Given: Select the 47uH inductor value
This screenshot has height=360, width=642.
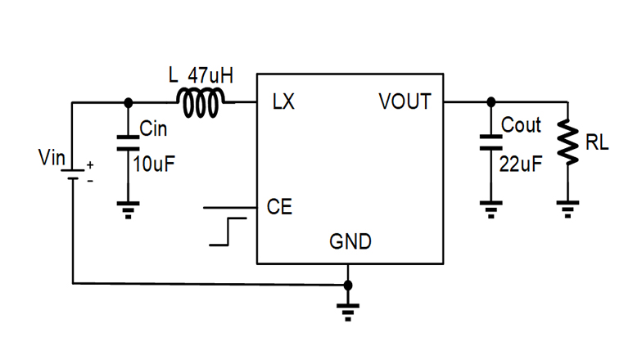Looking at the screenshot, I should tap(210, 76).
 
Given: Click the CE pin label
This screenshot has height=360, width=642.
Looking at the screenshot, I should tap(279, 207).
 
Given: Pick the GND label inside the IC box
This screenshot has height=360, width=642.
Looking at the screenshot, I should tap(350, 242).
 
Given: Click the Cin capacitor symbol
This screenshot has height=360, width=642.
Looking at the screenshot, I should tap(127, 144).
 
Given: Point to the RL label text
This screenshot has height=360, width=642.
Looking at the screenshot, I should tap(597, 144).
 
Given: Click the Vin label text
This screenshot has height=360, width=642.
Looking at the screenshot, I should tap(51, 158).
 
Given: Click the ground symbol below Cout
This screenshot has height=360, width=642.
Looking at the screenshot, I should tap(491, 209).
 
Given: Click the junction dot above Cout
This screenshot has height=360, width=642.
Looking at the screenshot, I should tap(491, 102).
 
